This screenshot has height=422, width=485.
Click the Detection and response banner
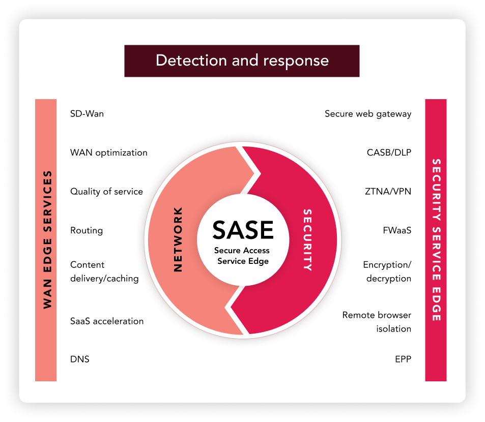242,61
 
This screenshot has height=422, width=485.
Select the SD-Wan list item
87,114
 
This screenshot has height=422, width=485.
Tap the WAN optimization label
108,153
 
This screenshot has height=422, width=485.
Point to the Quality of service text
106,192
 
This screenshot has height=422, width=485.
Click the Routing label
87,231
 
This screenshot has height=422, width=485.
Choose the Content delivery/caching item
104,272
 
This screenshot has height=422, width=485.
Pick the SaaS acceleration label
107,321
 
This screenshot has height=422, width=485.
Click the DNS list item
79,359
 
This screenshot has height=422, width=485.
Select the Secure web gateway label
368,114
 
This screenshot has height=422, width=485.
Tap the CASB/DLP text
389,153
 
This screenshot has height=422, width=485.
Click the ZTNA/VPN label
388,192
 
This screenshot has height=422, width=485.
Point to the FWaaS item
397,231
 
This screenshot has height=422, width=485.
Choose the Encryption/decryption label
387,272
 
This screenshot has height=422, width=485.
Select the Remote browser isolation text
377,322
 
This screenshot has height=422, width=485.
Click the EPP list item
403,359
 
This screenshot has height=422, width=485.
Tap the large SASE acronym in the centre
243,230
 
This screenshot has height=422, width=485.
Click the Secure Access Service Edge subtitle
242,256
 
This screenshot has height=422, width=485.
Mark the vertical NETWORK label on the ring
178,239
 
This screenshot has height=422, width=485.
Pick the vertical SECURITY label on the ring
307,239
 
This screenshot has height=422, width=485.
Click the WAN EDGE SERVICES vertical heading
47,239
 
